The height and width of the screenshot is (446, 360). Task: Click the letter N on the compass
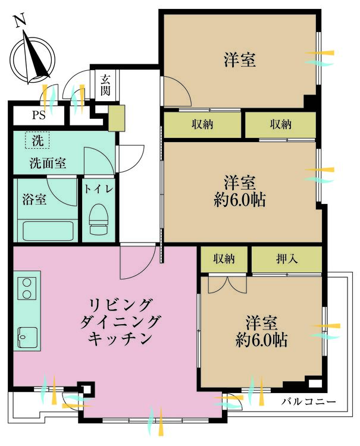20,21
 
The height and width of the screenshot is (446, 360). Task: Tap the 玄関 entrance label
105,84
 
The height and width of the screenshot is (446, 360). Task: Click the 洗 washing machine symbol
37,142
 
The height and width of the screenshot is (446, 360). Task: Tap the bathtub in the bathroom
46,230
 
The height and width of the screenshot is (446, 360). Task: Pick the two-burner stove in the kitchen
26,290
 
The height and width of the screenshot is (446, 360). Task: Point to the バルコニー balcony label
309,402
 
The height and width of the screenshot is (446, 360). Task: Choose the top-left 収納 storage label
202,124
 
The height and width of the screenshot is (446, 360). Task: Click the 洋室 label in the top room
240,59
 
